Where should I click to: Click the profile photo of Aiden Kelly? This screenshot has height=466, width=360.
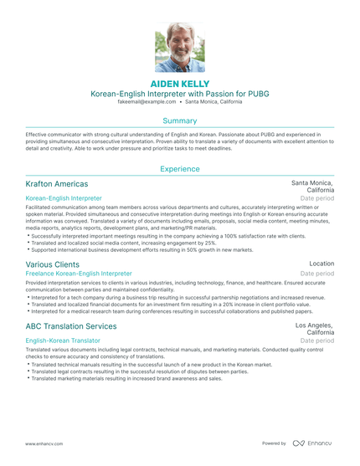pyautogui.click(x=179, y=49)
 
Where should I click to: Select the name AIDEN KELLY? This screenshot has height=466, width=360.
pyautogui.click(x=180, y=84)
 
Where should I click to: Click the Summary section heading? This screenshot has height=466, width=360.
pyautogui.click(x=180, y=120)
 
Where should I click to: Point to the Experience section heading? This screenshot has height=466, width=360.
pyautogui.click(x=180, y=169)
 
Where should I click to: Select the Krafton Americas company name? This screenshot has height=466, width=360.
pyautogui.click(x=57, y=183)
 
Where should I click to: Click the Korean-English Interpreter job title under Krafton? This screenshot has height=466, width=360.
pyautogui.click(x=64, y=198)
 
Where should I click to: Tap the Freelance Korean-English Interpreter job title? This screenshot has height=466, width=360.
pyautogui.click(x=79, y=274)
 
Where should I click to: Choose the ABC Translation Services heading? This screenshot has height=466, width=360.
pyautogui.click(x=71, y=325)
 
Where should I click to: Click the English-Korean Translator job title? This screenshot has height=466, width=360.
pyautogui.click(x=63, y=341)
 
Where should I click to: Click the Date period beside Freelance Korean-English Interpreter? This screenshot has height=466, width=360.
pyautogui.click(x=318, y=274)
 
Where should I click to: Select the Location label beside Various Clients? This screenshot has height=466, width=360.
pyautogui.click(x=321, y=264)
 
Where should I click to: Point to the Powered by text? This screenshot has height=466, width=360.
pyautogui.click(x=274, y=443)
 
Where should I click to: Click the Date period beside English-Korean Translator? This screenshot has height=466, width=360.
pyautogui.click(x=318, y=341)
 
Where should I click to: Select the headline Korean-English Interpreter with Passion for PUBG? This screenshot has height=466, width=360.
pyautogui.click(x=180, y=95)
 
